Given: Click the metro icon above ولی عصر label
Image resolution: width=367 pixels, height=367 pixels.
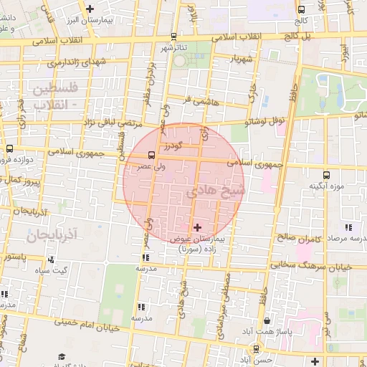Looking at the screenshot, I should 151,154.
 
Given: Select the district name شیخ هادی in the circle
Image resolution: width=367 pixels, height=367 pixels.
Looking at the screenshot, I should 215,192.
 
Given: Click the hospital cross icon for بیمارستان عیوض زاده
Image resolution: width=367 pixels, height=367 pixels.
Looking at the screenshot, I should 198,227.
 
